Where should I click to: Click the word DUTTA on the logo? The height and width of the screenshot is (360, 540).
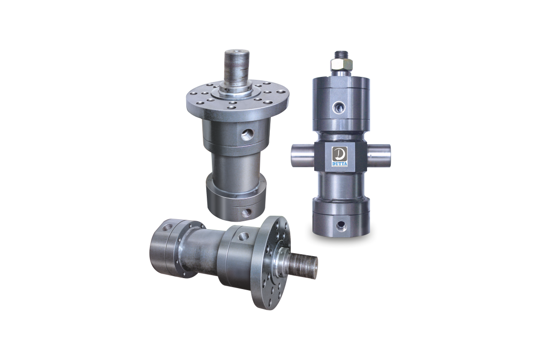click(x=340, y=164)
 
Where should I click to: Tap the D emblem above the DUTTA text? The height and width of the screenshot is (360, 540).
click(x=340, y=154)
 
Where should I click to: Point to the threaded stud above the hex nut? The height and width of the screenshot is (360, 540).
click(x=341, y=55)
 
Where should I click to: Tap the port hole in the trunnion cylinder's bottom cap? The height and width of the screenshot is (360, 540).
click(x=341, y=225)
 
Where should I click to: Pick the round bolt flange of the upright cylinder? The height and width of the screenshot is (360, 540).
click(x=237, y=100)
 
